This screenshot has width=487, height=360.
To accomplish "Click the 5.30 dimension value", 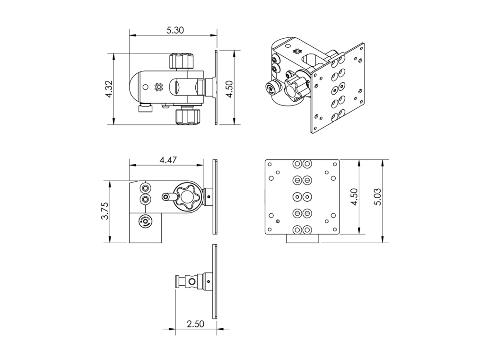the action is pos(175,30).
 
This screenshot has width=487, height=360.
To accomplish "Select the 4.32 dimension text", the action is pos(109,89).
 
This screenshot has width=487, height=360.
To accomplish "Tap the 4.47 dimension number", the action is pos(168,160).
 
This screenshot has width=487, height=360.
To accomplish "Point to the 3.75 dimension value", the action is pos(105,211).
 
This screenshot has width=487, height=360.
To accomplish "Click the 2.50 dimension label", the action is pos(196,324).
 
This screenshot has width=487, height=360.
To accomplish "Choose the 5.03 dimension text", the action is pos(378,197).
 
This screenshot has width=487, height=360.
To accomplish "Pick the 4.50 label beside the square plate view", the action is pos(354,197).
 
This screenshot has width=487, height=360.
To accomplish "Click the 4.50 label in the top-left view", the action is pos(229,89).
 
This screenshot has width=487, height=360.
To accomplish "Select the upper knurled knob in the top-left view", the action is pos(182,61).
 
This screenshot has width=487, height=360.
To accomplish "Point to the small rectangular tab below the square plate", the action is pos(303,238).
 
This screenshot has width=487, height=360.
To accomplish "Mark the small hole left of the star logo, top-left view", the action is pos(145,87).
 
